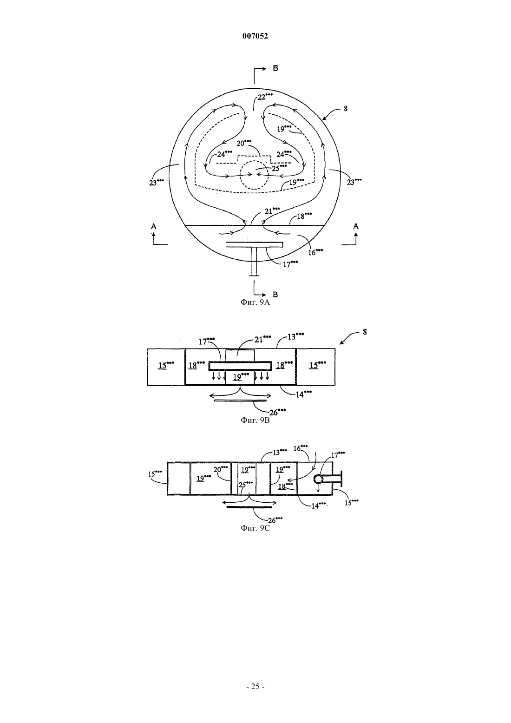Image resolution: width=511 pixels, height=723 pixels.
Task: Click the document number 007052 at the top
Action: pos(255,36)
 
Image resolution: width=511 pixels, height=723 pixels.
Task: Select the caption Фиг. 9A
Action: pos(255,302)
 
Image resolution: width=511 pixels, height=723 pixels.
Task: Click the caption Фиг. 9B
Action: pos(255,420)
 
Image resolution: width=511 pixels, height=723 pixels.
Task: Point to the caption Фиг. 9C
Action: pos(255,528)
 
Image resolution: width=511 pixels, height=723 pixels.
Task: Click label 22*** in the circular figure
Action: pos(264,97)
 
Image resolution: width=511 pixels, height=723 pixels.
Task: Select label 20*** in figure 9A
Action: pos(244,143)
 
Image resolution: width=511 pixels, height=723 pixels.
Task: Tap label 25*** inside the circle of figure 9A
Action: pos(279,168)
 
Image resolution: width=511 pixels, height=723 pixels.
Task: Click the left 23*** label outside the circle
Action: pos(157,182)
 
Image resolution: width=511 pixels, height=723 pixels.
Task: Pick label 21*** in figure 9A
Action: pos(272,211)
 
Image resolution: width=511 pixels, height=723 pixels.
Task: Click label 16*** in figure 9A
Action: pos(315,252)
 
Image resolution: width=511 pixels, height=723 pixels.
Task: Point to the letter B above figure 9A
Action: pos(275,68)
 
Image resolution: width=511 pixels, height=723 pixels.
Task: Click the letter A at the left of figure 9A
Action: pos(154,227)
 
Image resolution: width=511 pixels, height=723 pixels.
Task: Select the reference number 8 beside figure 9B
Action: pos(365,332)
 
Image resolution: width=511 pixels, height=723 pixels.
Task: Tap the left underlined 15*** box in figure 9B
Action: pos(166,365)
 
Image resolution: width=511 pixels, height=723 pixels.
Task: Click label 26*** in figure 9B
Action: pos(277,412)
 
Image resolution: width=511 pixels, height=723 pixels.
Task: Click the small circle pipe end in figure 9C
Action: pos(318,480)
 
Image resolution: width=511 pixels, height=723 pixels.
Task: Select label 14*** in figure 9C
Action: pos(319,506)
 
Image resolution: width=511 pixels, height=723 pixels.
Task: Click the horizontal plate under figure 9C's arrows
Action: pos(249,507)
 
